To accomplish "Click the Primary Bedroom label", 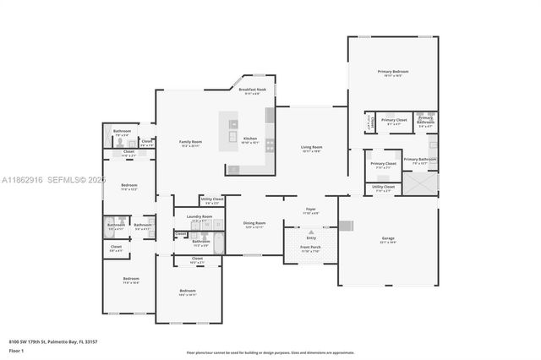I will [x=392, y=73].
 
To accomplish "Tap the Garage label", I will [x=388, y=238].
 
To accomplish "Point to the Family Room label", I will [x=190, y=142].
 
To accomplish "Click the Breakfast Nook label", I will [x=252, y=90].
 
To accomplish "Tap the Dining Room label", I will [x=254, y=226].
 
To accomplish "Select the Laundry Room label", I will [x=199, y=217].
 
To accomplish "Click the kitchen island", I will [x=231, y=132].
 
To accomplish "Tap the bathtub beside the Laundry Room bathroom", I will [x=216, y=244].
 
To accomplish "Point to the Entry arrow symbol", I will [x=310, y=231].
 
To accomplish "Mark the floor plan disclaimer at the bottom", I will [x=270, y=352].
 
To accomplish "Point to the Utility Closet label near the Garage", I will [x=383, y=189].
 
